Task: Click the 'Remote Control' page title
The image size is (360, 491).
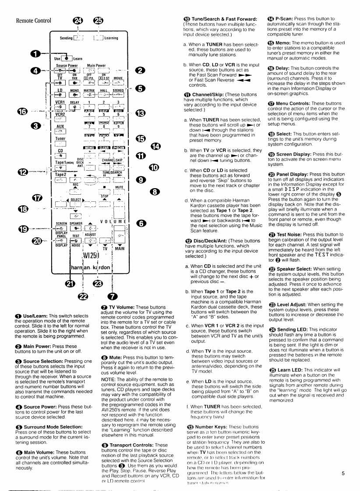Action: (x=33, y=20)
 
